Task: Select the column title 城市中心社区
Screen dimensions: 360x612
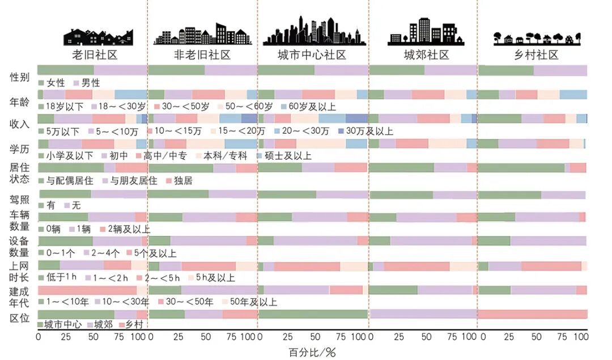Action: coord(312,55)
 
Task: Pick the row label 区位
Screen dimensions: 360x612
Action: coord(19,318)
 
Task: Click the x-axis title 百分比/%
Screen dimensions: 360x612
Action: coord(312,353)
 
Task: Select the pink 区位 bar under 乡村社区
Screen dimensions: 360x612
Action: coord(533,314)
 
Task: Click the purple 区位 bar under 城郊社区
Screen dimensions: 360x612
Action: coord(423,314)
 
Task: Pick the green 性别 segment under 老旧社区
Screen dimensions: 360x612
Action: coord(66,70)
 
